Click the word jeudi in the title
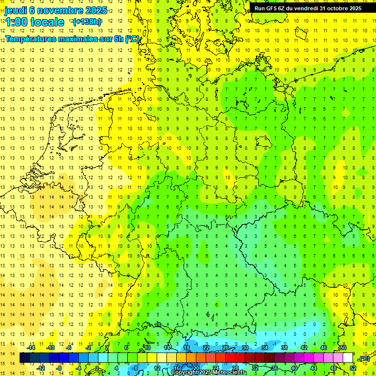16,10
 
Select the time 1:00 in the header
16,22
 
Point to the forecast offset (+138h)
87,22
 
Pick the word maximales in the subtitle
84,38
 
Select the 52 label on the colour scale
353,368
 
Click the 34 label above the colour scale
264,348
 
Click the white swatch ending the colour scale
348,358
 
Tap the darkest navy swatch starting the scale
24,358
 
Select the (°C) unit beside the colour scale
364,358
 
